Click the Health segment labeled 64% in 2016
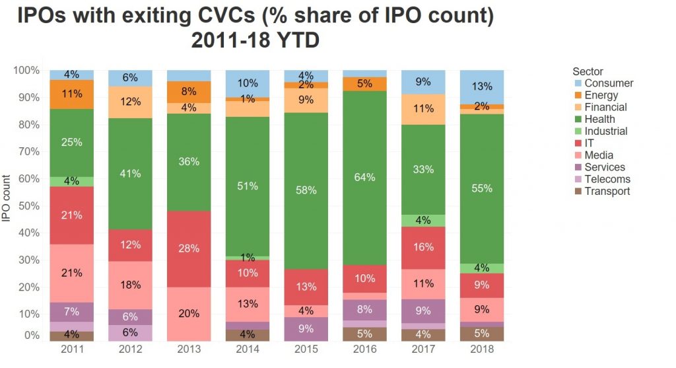coord(364,178)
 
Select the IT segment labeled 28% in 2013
coord(189,248)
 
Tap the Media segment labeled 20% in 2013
coord(189,314)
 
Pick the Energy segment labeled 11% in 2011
coord(71,94)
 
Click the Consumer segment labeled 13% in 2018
coord(482,87)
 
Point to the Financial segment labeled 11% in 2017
coord(423,109)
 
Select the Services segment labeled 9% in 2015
coord(306,328)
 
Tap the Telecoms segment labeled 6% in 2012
coord(130,333)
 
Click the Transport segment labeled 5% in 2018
coord(482,334)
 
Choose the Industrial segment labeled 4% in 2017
coord(423,221)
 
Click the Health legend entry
coord(599,120)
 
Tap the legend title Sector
coord(588,71)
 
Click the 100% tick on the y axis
coord(26,70)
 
